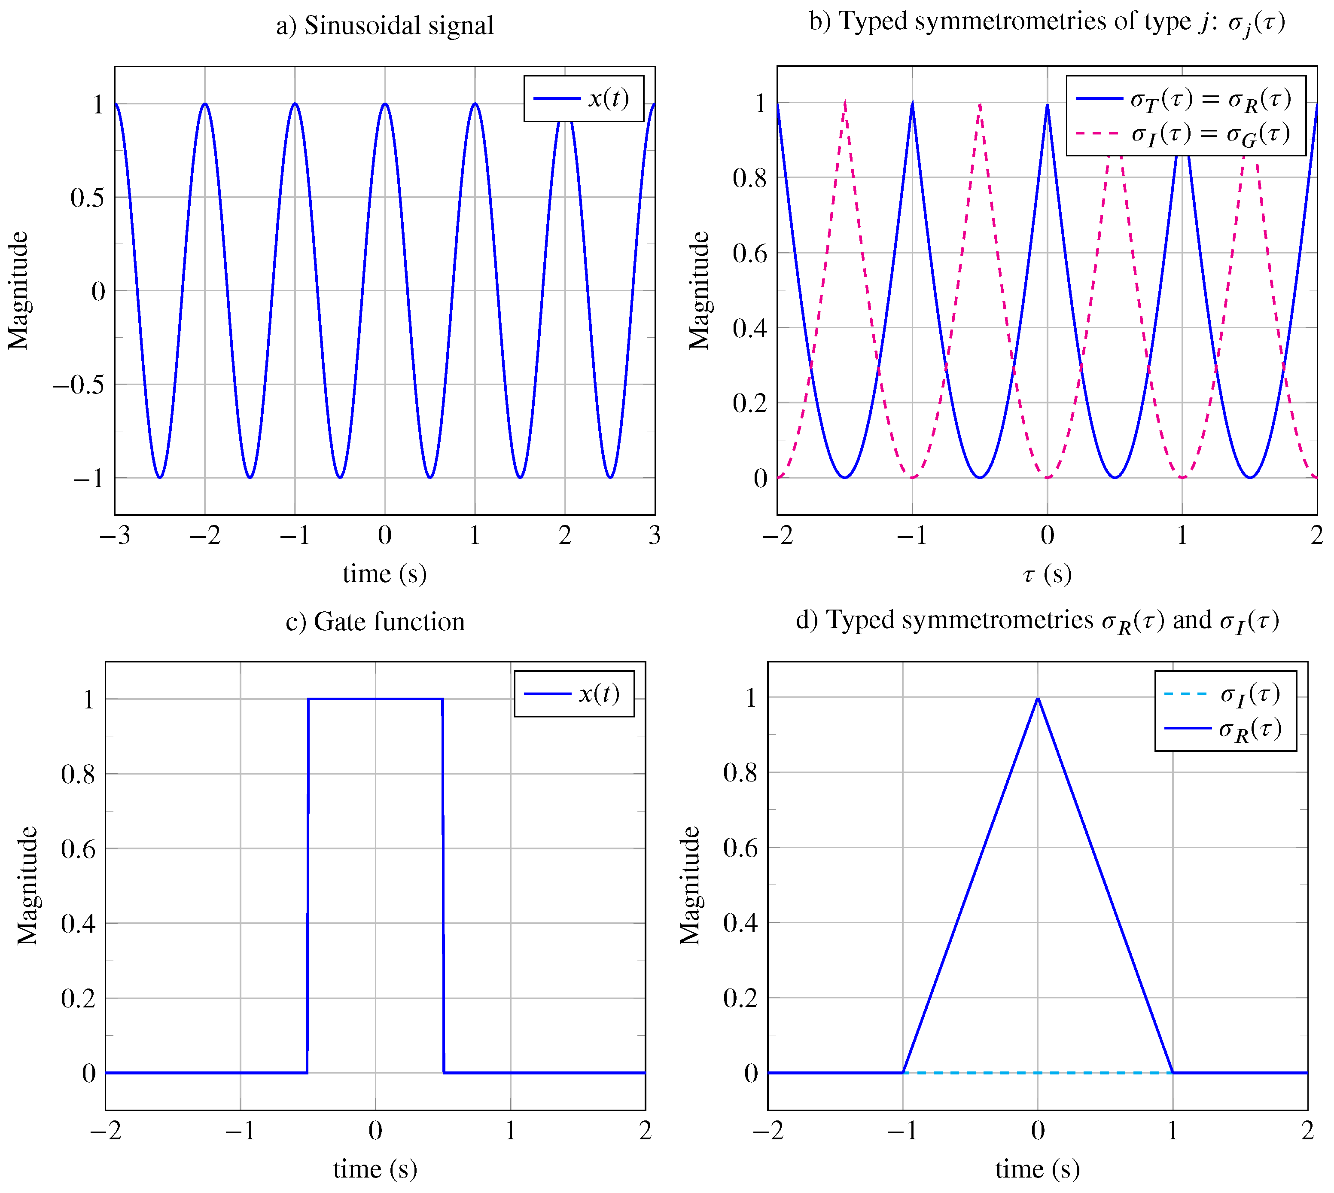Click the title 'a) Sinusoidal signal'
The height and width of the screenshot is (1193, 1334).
384,26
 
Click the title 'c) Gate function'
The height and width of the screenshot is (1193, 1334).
375,621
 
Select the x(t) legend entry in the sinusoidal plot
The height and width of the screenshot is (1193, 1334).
583,98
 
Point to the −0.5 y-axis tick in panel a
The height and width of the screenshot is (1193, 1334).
79,385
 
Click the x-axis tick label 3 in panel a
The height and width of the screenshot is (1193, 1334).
654,536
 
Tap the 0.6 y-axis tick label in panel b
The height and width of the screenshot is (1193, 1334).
749,253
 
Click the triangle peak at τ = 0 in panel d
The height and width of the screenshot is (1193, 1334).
1037,699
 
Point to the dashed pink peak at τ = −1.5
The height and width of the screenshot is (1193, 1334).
845,103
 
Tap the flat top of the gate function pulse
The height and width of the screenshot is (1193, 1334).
375,699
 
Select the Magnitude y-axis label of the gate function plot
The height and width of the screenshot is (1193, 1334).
27,885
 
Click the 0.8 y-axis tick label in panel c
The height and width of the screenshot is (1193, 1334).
78,774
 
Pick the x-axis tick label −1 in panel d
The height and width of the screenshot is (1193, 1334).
902,1130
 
